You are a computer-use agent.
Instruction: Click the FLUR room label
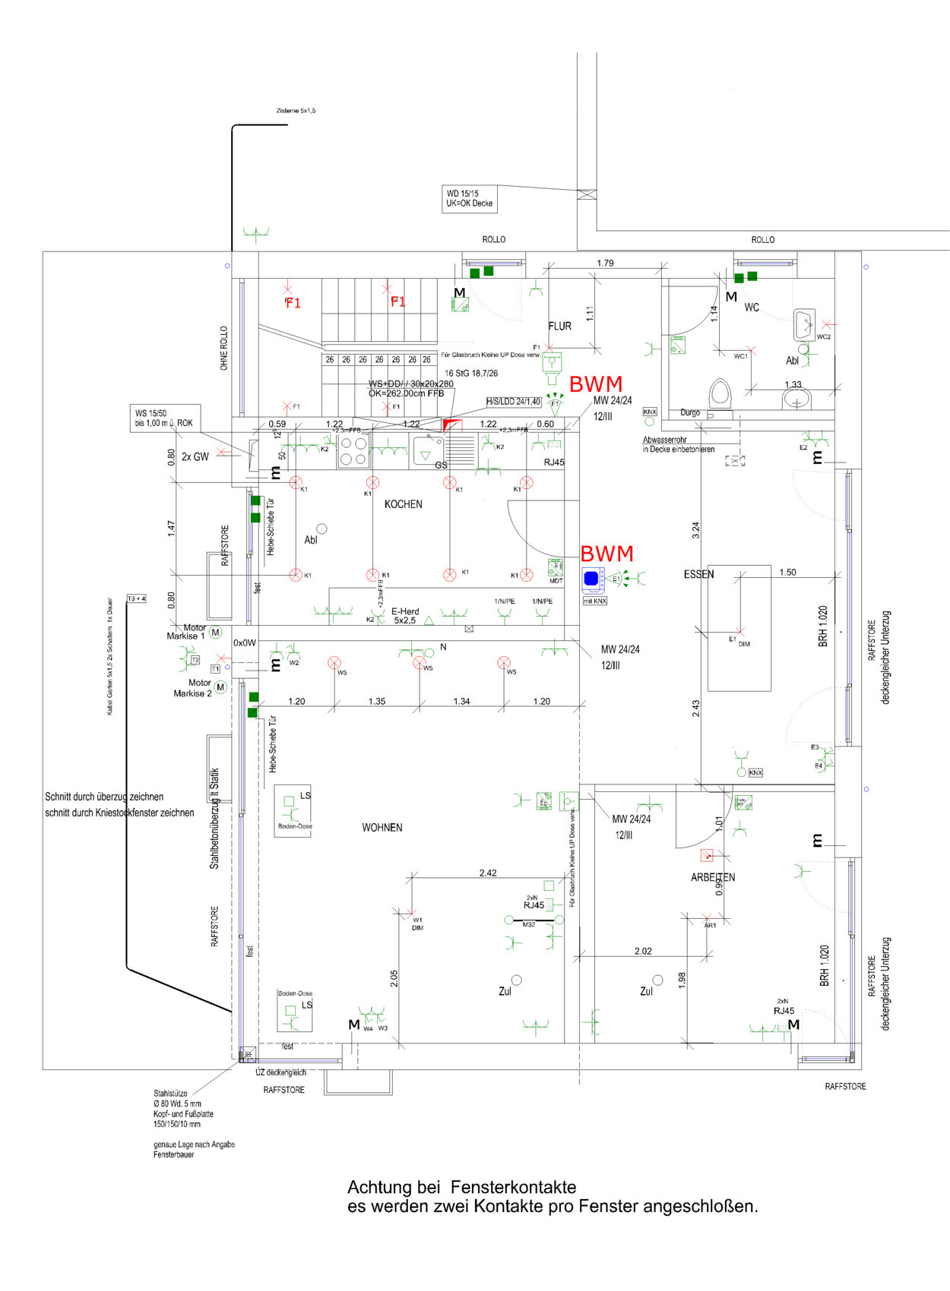pyautogui.click(x=559, y=326)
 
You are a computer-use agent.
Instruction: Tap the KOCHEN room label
pyautogui.click(x=403, y=504)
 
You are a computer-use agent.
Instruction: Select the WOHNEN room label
pyautogui.click(x=382, y=828)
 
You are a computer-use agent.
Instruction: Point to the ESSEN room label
pyautogui.click(x=698, y=574)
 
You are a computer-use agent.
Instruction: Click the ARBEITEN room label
pyautogui.click(x=712, y=877)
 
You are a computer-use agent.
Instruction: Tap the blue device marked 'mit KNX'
pyautogui.click(x=592, y=579)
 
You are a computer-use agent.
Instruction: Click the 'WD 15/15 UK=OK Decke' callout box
pyautogui.click(x=470, y=199)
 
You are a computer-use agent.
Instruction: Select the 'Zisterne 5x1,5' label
pyautogui.click(x=296, y=111)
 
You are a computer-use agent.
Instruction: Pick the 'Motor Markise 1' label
pyautogui.click(x=186, y=632)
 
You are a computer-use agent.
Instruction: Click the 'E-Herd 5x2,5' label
pyautogui.click(x=405, y=616)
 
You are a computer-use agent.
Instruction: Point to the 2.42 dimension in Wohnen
pyautogui.click(x=488, y=873)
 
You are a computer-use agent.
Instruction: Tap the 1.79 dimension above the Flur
pyautogui.click(x=605, y=263)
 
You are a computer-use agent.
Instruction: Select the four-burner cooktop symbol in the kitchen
pyautogui.click(x=353, y=451)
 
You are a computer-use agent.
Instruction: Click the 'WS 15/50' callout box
pyautogui.click(x=164, y=418)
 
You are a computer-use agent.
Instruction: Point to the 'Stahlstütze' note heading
pyautogui.click(x=170, y=1094)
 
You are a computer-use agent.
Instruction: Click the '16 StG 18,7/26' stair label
pyautogui.click(x=471, y=374)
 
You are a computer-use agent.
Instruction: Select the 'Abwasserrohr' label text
pyautogui.click(x=664, y=440)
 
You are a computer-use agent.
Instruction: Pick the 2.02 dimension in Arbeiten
pyautogui.click(x=643, y=951)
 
